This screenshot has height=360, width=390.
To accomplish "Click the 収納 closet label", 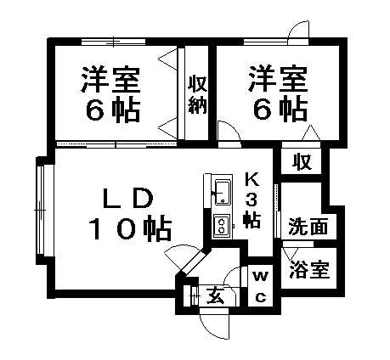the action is [x=198, y=94].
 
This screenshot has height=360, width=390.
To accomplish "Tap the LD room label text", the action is [x=128, y=200].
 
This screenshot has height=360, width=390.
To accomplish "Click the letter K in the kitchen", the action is [x=252, y=179].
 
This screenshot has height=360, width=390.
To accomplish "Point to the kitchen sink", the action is [x=223, y=192].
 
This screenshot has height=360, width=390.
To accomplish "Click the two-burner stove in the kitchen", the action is [x=222, y=224].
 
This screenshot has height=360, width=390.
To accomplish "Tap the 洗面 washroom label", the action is [x=308, y=227].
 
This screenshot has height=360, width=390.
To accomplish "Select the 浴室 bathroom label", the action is [x=309, y=269].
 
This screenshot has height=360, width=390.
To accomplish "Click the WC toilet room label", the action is [x=261, y=286].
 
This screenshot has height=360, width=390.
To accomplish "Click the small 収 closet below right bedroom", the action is [x=302, y=162].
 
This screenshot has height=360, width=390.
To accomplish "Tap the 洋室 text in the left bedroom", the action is [x=110, y=80].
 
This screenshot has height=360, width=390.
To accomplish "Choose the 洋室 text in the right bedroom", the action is [x=277, y=79].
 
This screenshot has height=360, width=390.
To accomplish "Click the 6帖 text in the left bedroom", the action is [x=113, y=110].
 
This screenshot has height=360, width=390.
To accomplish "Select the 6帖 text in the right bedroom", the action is [x=280, y=110].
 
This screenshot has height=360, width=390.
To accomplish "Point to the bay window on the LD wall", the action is [x=42, y=210].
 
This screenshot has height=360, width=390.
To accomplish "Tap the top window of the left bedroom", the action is [x=113, y=42].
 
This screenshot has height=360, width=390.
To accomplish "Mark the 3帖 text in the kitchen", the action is [x=252, y=210].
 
